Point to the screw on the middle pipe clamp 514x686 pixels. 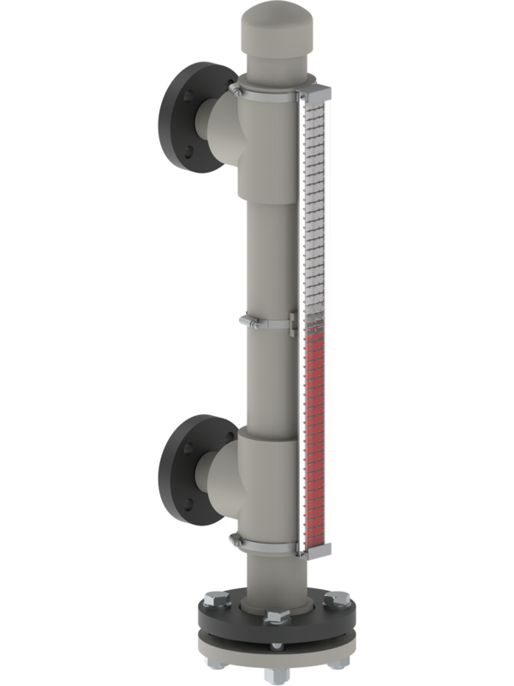242,321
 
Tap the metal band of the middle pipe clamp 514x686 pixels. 266,324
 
